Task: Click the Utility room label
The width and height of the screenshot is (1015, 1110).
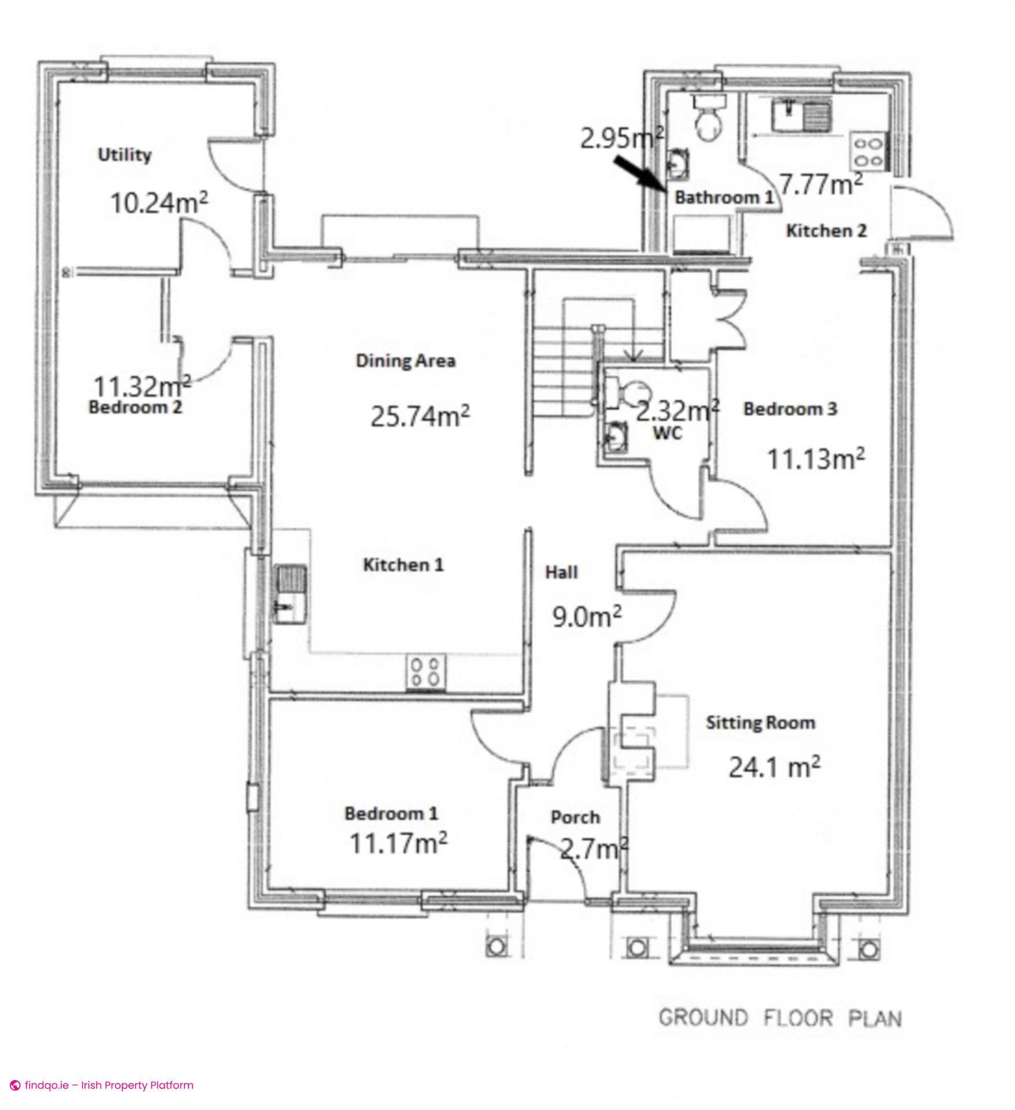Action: pyautogui.click(x=124, y=155)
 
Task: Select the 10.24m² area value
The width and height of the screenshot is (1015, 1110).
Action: pyautogui.click(x=158, y=203)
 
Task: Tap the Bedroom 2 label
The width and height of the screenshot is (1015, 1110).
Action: pyautogui.click(x=135, y=408)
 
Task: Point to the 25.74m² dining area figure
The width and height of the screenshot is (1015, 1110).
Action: pyautogui.click(x=420, y=416)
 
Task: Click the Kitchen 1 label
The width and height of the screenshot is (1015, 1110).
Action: pyautogui.click(x=403, y=565)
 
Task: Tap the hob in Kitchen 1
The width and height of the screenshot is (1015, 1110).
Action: pyautogui.click(x=426, y=672)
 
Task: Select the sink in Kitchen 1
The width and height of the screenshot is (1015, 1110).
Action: pyautogui.click(x=290, y=594)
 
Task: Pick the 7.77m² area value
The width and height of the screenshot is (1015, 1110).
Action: pyautogui.click(x=821, y=185)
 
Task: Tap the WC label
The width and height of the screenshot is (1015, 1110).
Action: pyautogui.click(x=668, y=432)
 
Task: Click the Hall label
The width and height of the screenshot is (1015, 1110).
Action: pyautogui.click(x=561, y=572)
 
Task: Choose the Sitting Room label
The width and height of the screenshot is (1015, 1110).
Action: pyautogui.click(x=760, y=723)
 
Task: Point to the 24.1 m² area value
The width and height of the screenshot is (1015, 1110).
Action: pyautogui.click(x=773, y=767)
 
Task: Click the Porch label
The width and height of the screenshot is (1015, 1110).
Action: pyautogui.click(x=575, y=817)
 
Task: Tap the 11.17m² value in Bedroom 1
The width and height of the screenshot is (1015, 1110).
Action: pyautogui.click(x=398, y=843)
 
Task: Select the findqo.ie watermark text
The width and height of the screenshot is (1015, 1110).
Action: pyautogui.click(x=103, y=1085)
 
